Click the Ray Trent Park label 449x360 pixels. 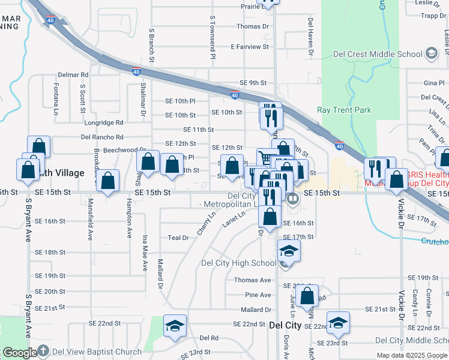click(x=344, y=110)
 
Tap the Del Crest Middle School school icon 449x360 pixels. click(x=431, y=54)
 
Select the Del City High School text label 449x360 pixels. click(x=238, y=263)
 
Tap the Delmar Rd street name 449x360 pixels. click(x=73, y=75)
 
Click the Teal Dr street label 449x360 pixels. click(x=178, y=238)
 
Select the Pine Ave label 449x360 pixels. click(x=258, y=295)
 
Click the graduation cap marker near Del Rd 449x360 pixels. click(x=175, y=326)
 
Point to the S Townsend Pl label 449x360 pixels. click(x=212, y=37)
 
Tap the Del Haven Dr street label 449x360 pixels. click(x=311, y=37)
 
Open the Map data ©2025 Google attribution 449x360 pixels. click(x=412, y=355)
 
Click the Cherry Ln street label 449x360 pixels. click(x=205, y=223)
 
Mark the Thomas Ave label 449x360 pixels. click(x=252, y=280)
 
